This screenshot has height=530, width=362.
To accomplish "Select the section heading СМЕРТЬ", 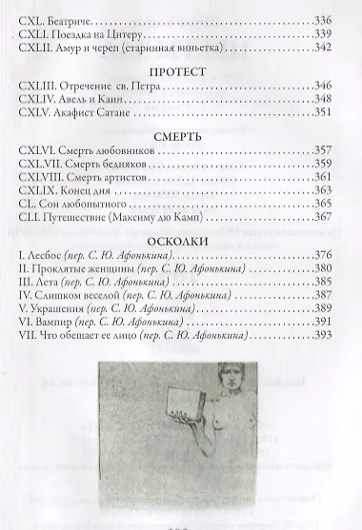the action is pos(180,137).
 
